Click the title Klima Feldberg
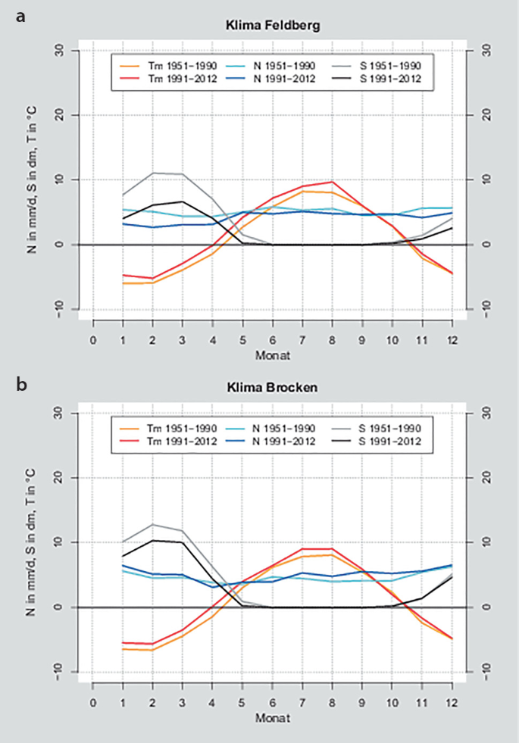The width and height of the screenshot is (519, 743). pyautogui.click(x=273, y=25)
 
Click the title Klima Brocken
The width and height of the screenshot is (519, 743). pyautogui.click(x=273, y=387)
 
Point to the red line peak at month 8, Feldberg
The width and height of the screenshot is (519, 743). pyautogui.click(x=332, y=182)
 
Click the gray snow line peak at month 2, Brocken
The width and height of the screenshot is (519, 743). pyautogui.click(x=153, y=524)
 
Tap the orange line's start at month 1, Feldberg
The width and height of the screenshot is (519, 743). pyautogui.click(x=123, y=283)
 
